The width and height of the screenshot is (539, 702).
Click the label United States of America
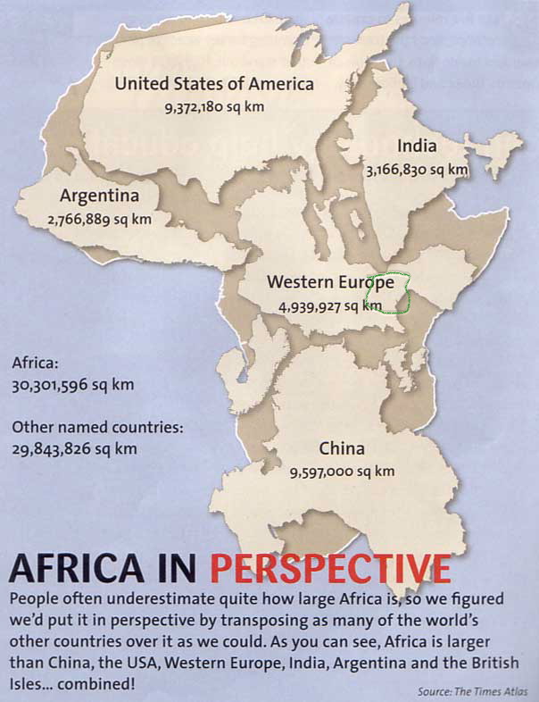214,85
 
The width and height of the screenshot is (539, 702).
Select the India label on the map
417,146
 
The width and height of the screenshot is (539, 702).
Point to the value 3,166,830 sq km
417,169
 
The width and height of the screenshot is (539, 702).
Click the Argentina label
99,196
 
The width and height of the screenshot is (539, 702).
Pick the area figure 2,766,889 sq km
99,218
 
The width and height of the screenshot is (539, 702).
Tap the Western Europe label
330,282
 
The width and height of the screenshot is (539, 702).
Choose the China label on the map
342,448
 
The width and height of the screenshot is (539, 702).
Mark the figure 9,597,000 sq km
342,471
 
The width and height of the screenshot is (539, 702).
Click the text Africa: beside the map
36,364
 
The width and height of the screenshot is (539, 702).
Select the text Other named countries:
97,427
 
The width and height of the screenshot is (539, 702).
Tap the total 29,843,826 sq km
75,447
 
